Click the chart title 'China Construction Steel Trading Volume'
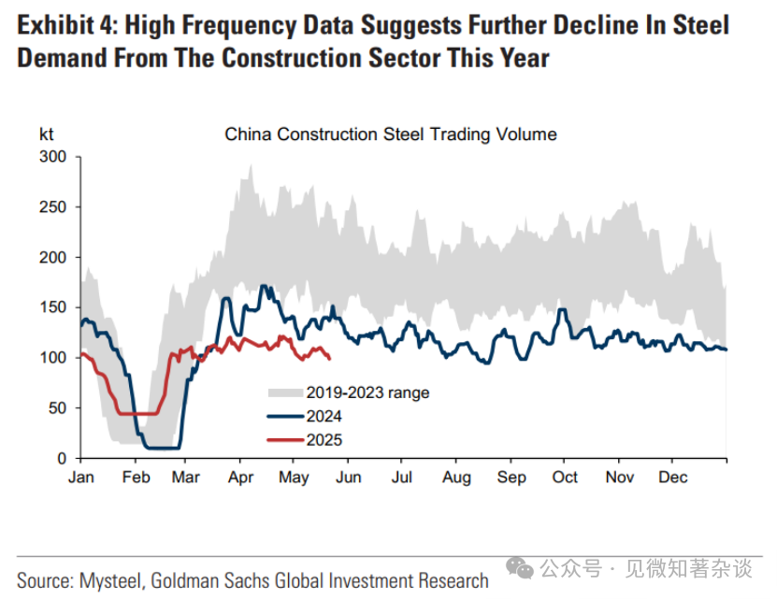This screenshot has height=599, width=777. tap(390, 135)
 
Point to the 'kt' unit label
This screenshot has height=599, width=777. tap(47, 134)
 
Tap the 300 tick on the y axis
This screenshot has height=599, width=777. tap(54, 156)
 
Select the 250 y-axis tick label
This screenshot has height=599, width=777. tap(54, 207)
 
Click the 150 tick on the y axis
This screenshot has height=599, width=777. tap(54, 307)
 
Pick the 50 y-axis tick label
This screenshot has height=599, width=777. tap(58, 408)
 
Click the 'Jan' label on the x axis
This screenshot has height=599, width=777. tap(81, 477)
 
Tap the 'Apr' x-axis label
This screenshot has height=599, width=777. tap(240, 477)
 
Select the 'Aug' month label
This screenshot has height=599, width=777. tap(456, 477)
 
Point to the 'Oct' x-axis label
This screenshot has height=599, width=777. tap(565, 477)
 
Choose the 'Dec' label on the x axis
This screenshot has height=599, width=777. tap(672, 477)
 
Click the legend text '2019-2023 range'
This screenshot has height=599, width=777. tap(367, 392)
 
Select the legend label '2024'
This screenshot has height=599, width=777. tap(324, 417)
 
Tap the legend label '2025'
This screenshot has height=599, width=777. tap(324, 440)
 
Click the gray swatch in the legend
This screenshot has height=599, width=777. tap(284, 392)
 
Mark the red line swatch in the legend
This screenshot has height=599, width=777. tap(284, 440)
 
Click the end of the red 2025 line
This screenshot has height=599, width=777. tap(329, 357)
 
